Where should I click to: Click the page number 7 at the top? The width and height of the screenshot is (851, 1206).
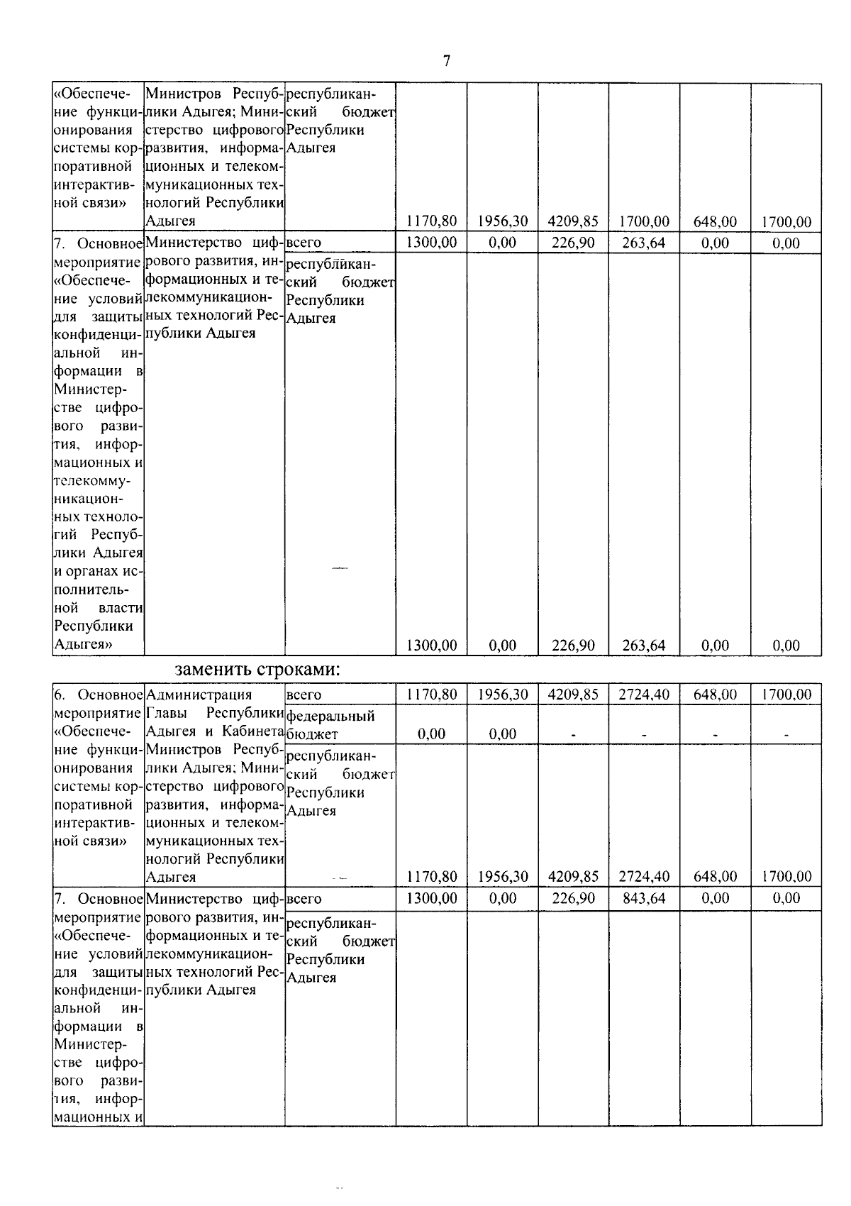click(x=446, y=61)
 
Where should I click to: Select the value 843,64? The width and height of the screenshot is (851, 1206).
click(x=644, y=898)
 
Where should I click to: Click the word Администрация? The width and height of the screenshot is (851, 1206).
click(x=199, y=695)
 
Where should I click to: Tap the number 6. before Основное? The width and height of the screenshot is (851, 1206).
click(x=61, y=695)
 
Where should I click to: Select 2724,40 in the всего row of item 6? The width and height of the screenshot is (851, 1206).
click(x=644, y=695)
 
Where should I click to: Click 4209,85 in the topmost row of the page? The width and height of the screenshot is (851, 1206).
click(x=573, y=222)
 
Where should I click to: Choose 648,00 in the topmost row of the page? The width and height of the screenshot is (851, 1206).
click(x=715, y=222)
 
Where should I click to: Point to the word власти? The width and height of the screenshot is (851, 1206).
click(x=121, y=608)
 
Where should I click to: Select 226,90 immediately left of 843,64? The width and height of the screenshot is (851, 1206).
click(x=573, y=898)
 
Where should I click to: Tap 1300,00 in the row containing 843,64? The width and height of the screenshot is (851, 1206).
click(x=431, y=898)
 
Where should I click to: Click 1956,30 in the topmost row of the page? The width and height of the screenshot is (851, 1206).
click(x=502, y=222)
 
